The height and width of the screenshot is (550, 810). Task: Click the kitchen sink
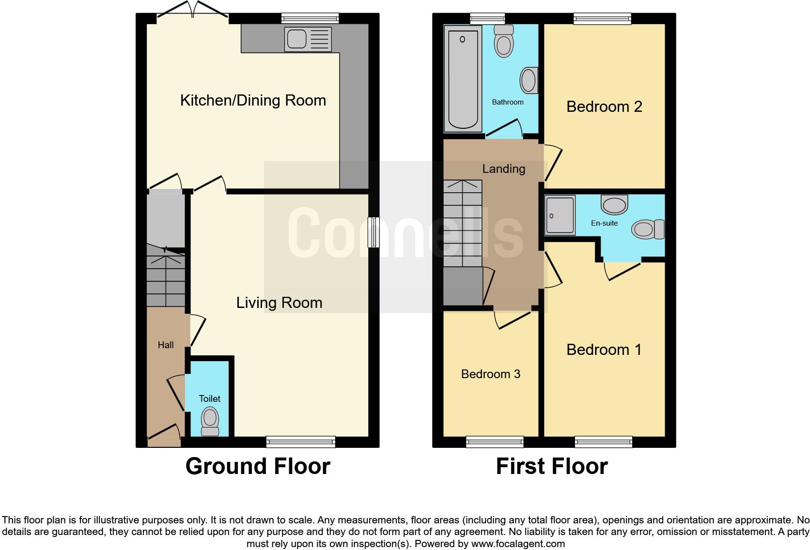[x=308, y=39]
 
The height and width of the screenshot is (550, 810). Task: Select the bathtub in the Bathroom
[x=463, y=78]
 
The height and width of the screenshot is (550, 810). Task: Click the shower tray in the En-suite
[x=560, y=215]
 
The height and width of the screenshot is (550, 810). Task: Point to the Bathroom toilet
[x=504, y=41]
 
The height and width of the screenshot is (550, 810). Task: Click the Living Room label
[x=279, y=303]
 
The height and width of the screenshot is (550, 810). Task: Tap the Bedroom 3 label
[x=490, y=374]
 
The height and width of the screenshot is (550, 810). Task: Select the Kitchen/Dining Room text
[x=253, y=101]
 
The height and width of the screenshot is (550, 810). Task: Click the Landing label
[x=503, y=169]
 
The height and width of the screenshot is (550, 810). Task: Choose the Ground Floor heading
[x=258, y=466]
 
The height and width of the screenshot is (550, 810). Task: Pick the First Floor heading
[x=551, y=466]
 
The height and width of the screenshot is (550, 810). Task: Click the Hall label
[x=166, y=345]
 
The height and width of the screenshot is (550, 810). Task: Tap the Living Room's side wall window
[x=373, y=232]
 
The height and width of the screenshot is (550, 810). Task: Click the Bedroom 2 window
[x=602, y=19]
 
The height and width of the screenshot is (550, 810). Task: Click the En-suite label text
[x=604, y=223]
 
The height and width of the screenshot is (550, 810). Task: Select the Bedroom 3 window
[x=495, y=442]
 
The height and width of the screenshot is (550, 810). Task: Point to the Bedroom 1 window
[x=603, y=442]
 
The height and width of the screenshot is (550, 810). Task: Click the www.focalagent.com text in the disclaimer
[x=517, y=544]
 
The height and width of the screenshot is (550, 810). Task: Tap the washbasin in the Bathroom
[x=529, y=80]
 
